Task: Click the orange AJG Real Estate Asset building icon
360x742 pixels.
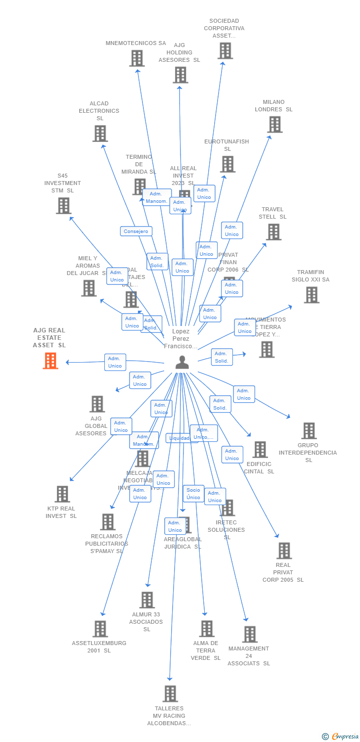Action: pyautogui.click(x=50, y=361)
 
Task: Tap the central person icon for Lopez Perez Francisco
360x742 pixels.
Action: pyautogui.click(x=182, y=363)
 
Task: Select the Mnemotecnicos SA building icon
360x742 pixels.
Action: pyautogui.click(x=137, y=58)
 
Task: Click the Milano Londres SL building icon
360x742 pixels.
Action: pyautogui.click(x=274, y=125)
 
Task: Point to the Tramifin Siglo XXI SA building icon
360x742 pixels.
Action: pyautogui.click(x=311, y=295)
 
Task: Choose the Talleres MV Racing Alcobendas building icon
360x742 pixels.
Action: pyautogui.click(x=170, y=694)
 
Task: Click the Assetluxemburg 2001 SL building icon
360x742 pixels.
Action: pyautogui.click(x=100, y=629)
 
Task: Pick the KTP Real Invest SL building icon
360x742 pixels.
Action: pyautogui.click(x=62, y=494)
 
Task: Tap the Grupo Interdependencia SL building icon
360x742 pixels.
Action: pyautogui.click(x=309, y=431)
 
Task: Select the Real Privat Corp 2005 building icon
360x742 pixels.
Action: pyautogui.click(x=284, y=551)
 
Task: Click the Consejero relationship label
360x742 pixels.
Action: pyautogui.click(x=136, y=231)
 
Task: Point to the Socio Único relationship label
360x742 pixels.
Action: pyautogui.click(x=193, y=494)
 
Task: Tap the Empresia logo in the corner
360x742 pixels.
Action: pyautogui.click(x=340, y=737)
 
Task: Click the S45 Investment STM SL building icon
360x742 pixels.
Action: pyautogui.click(x=63, y=206)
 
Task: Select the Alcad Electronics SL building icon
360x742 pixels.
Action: pyautogui.click(x=100, y=134)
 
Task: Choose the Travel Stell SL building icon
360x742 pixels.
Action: pyautogui.click(x=273, y=232)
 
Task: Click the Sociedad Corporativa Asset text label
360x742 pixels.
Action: pyautogui.click(x=224, y=28)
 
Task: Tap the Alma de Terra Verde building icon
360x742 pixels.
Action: pyautogui.click(x=207, y=629)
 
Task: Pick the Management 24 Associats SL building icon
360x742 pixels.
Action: pyautogui.click(x=250, y=634)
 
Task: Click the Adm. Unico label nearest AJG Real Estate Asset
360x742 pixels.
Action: pyautogui.click(x=115, y=362)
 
